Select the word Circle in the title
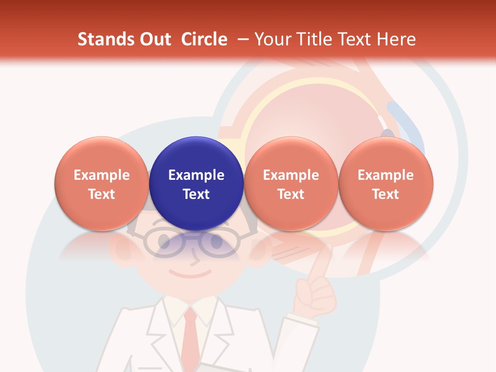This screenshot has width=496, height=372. (204, 39)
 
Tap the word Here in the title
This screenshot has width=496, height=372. (396, 39)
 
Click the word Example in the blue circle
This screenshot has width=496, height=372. (196, 175)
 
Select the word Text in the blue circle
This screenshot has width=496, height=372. (196, 194)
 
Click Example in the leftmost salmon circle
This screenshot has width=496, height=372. (101, 175)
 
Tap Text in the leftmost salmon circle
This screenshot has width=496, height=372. (101, 194)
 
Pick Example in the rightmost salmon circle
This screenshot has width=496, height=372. (385, 175)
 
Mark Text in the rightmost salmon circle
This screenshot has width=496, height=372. (385, 194)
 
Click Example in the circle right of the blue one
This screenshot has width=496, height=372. (291, 175)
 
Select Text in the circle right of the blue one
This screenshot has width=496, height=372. (291, 194)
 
